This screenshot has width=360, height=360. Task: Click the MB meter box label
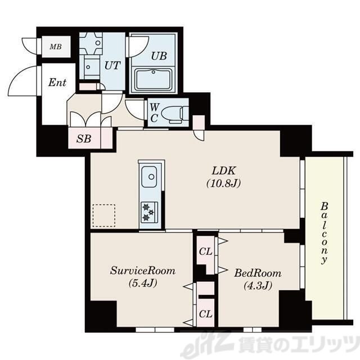point(56,47)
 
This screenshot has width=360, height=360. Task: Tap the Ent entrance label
point(57,83)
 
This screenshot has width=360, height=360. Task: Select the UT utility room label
point(112,65)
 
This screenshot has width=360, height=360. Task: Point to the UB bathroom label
point(159,56)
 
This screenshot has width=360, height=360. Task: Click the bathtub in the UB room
point(154,80)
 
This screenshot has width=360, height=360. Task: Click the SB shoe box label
point(84,139)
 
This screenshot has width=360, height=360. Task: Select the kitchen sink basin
point(149,177)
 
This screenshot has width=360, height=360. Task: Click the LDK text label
point(224,171)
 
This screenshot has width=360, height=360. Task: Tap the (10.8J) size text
point(224,183)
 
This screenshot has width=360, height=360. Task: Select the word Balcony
point(324,233)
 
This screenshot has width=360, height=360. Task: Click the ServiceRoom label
point(143,271)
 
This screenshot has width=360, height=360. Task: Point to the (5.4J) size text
point(143,283)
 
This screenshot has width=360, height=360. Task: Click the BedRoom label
point(258,273)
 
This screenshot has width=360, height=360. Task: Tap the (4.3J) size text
point(258,286)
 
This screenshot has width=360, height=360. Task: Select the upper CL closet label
point(205,251)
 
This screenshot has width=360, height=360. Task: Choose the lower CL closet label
point(205,314)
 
